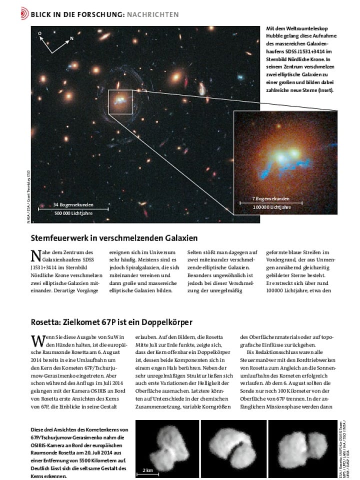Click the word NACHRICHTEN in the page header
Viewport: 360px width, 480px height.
[x=152, y=14]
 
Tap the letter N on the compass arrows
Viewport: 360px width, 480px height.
[x=71, y=38]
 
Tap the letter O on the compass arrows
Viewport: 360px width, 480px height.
[x=40, y=32]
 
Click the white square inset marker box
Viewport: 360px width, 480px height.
[x=120, y=101]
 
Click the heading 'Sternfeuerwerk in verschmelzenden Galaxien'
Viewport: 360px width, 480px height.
[x=114, y=237]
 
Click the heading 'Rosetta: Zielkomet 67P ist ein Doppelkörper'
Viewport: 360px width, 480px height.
[x=111, y=322]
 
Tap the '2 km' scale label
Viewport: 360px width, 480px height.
[x=147, y=470]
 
